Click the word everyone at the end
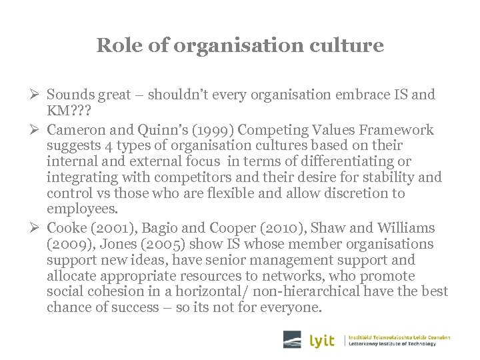(289, 308)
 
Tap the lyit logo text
(323, 340)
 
